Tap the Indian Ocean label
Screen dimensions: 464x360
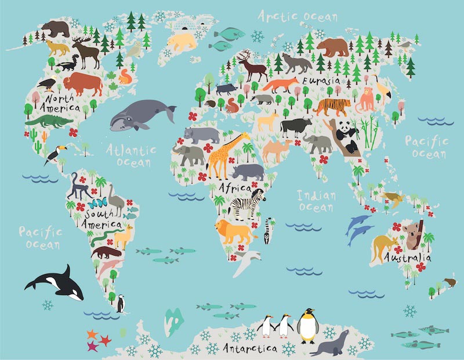[316, 201]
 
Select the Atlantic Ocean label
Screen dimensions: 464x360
[132, 155]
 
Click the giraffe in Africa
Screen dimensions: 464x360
[223, 154]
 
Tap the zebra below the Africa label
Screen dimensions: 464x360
[246, 205]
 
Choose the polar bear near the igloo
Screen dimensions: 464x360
[182, 41]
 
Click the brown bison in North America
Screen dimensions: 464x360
[81, 83]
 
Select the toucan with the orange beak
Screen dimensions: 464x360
[53, 154]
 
